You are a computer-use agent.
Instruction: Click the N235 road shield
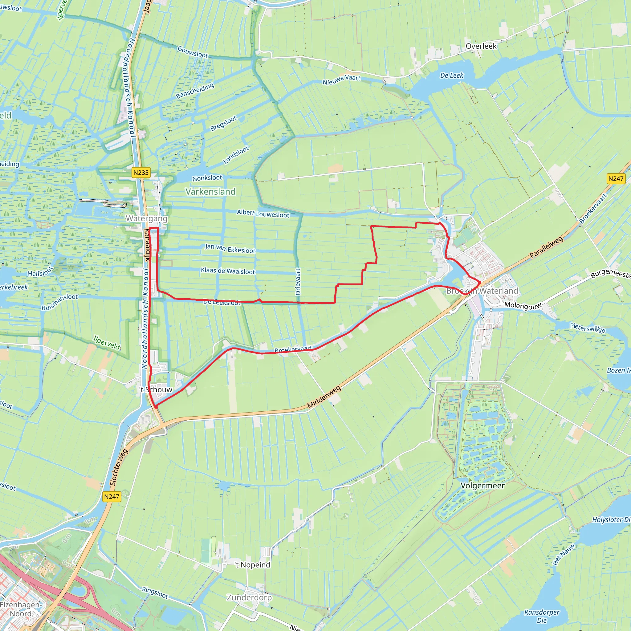[141, 173]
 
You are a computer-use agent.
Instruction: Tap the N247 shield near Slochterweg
[112, 496]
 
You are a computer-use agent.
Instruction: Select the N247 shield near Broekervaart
[616, 179]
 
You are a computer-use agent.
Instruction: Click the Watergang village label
[147, 218]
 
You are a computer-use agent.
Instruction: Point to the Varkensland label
[210, 191]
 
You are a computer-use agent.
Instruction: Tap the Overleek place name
[481, 46]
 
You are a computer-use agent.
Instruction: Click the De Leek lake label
[452, 75]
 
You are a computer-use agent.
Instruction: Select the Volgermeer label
[482, 485]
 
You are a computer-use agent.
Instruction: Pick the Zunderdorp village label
[249, 597]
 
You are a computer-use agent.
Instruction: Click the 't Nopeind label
[252, 565]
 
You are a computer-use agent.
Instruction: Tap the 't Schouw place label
[156, 389]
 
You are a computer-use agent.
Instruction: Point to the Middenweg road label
[324, 397]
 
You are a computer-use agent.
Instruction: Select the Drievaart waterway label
[298, 282]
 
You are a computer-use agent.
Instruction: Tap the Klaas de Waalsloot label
[228, 271]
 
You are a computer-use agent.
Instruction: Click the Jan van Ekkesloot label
[230, 248]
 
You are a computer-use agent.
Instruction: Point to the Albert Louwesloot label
[263, 213]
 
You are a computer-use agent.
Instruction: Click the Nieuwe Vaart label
[341, 80]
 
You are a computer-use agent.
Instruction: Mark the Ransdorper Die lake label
[542, 616]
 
